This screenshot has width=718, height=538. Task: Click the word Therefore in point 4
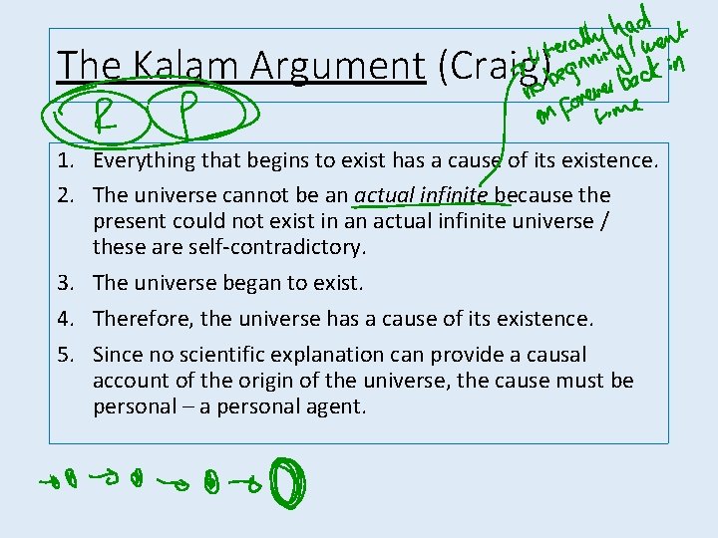tap(144, 319)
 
